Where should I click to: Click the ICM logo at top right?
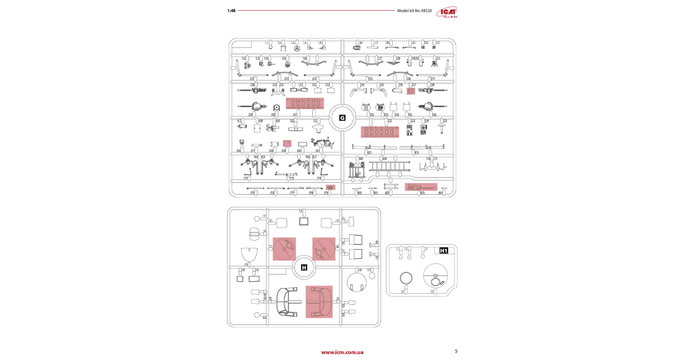(447, 12)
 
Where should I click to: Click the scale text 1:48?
(231, 11)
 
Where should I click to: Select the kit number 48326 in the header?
(426, 11)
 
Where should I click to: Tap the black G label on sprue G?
(342, 118)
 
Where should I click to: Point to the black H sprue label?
(304, 268)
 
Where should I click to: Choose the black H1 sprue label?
(444, 251)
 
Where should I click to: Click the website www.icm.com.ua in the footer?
(342, 352)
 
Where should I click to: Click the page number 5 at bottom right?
(456, 351)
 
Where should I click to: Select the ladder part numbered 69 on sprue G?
(389, 166)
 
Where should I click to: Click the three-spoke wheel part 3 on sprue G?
(297, 49)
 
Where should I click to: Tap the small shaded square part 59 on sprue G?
(287, 143)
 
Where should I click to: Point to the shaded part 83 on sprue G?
(421, 187)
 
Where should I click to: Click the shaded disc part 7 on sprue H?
(284, 249)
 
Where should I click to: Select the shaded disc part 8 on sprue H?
(323, 249)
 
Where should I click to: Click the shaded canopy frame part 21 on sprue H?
(319, 302)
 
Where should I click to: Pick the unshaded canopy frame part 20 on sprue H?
(287, 302)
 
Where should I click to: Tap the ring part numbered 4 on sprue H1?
(406, 278)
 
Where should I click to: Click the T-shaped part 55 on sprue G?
(442, 128)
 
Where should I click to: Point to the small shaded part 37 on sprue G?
(411, 91)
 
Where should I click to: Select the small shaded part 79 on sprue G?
(330, 187)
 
